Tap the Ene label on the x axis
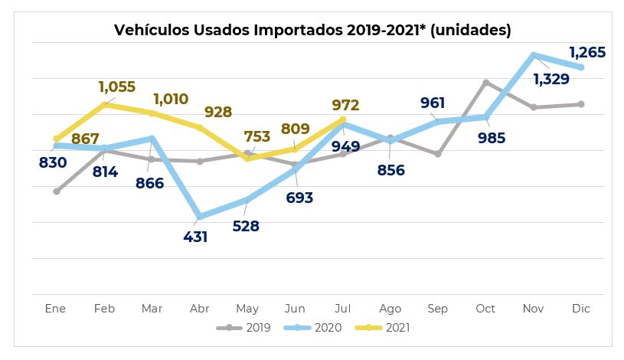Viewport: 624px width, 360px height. tap(56, 309)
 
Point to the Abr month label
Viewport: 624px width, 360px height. tap(199, 309)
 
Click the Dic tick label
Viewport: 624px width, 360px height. tap(581, 309)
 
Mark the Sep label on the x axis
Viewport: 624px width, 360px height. tap(438, 309)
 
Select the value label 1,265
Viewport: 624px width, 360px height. tap(587, 53)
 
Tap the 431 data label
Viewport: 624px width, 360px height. tap(195, 237)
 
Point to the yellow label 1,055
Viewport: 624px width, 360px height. tap(116, 87)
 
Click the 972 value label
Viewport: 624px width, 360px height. tap(345, 105)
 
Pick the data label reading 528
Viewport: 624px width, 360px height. tap(246, 226)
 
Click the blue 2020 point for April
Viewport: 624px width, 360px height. tap(200, 217)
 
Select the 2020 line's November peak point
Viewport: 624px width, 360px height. tap(534, 54)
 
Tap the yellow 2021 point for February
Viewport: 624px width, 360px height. tap(104, 104)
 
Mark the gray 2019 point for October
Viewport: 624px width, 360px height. tap(486, 82)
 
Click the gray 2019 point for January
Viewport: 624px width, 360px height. tap(57, 191)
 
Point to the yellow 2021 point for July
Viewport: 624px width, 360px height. tap(343, 119)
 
